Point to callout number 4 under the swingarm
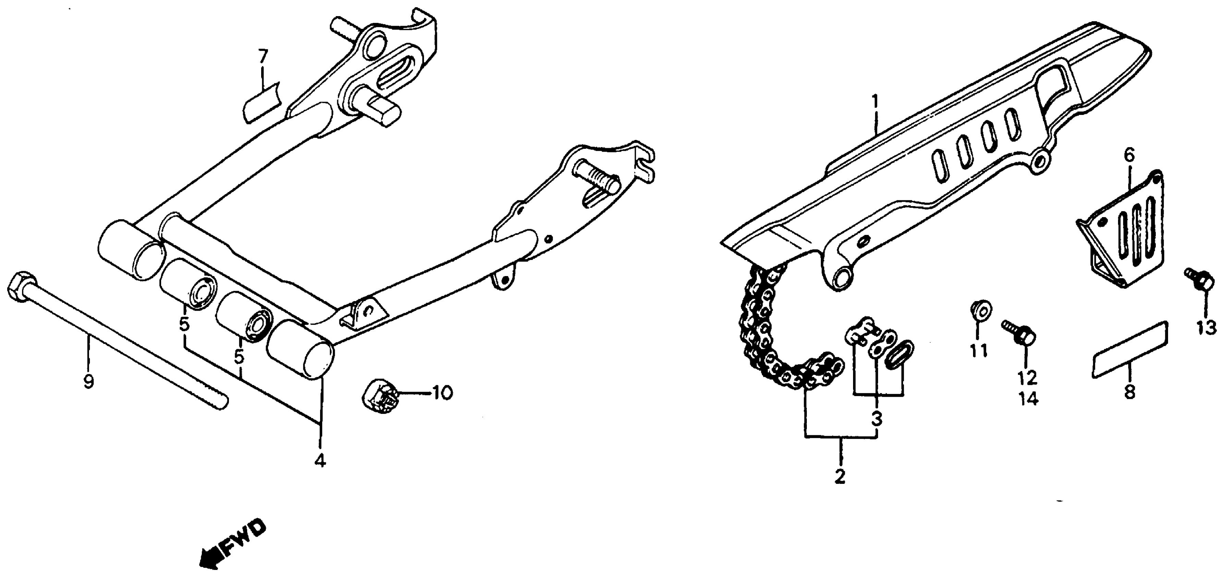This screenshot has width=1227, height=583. pos(320,461)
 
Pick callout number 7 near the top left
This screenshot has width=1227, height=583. pos(263,58)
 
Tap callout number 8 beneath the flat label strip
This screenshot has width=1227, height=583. pos(1129,392)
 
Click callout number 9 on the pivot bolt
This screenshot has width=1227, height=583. pos(88,381)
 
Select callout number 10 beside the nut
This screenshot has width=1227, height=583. pos(441,393)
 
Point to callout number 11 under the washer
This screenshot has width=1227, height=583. pos(979,351)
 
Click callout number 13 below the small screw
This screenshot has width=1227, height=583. pos(1206,328)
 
